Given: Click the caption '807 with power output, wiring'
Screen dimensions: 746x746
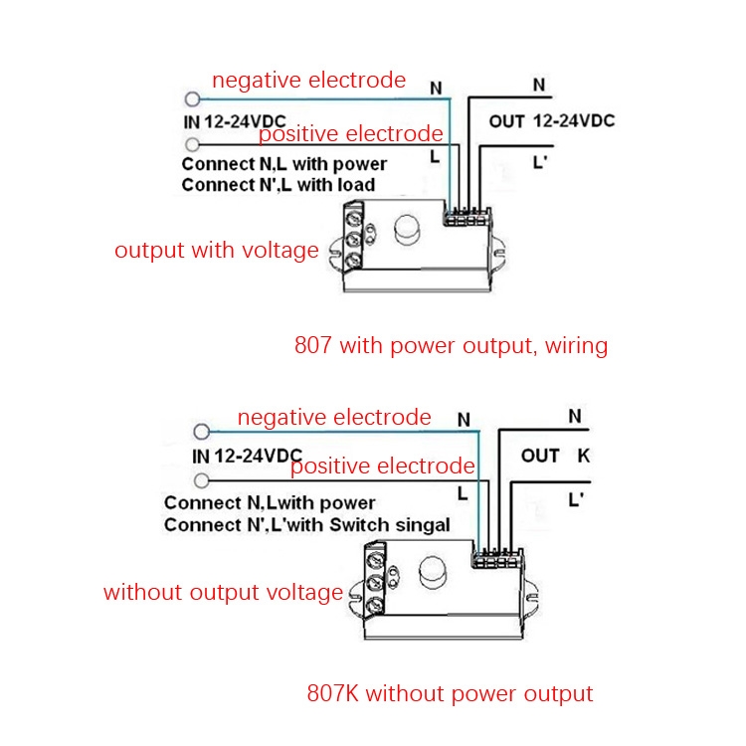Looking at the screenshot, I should point(451,346).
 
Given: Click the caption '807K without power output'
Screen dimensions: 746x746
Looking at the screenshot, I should point(450,693).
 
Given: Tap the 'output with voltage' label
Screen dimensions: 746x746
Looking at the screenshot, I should point(217,251).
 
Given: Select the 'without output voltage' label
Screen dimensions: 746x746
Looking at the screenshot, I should point(223,593).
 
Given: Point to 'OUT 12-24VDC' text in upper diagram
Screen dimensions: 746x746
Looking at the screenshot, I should point(551,121).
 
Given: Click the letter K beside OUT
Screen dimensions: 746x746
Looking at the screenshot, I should point(583,456).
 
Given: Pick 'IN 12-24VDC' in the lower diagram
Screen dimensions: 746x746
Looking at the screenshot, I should point(246,457).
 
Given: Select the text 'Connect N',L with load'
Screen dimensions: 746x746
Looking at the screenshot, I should point(279,185).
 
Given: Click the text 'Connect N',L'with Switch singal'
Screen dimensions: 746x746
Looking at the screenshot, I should point(307,524).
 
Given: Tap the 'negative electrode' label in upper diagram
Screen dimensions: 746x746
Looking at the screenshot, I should point(308,81).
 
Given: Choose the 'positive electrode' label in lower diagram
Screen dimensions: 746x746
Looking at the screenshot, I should point(383,466).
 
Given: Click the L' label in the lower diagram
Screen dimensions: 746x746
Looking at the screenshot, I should point(574,500).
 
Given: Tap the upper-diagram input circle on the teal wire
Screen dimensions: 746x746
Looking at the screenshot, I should point(192,98).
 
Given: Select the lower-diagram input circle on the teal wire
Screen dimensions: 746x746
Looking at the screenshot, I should point(202,432).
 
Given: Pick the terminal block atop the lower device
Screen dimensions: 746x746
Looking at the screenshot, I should point(496,558).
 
